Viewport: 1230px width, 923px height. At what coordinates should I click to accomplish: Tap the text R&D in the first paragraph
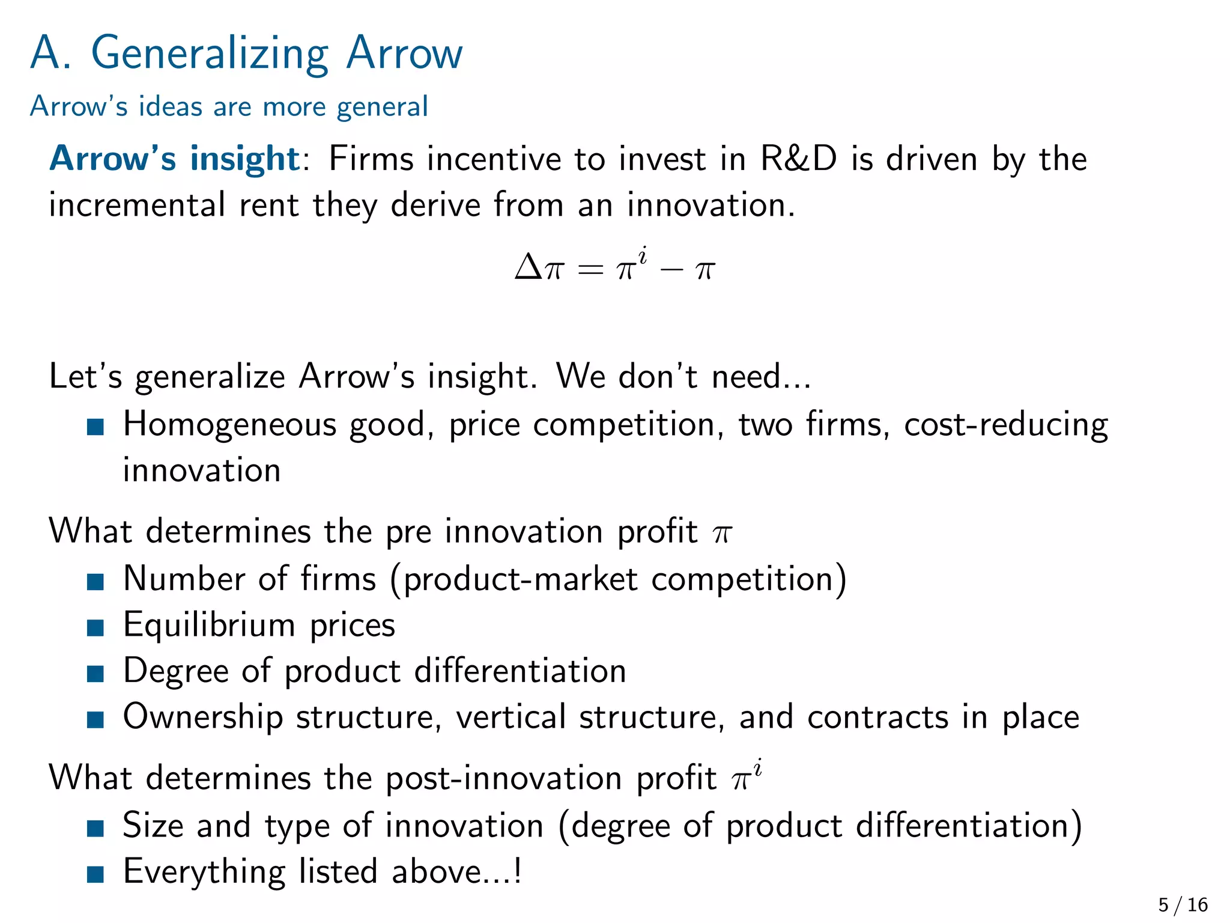798,159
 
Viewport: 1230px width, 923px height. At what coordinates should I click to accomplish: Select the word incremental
137,205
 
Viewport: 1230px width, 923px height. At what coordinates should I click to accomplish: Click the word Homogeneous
231,425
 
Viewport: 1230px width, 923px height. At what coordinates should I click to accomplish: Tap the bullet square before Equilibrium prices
95,627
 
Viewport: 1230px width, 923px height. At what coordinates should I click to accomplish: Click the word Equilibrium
209,626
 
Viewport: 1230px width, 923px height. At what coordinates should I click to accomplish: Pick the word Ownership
203,717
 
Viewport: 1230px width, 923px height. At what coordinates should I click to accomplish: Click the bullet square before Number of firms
95,581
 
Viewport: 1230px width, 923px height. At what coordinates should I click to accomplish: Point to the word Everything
204,872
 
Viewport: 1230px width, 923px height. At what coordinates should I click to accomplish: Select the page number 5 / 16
1183,904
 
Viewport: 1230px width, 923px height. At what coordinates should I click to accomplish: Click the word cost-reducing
1005,425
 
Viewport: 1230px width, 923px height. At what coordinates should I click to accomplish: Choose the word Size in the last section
153,825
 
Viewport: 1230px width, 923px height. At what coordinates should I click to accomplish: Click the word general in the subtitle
382,107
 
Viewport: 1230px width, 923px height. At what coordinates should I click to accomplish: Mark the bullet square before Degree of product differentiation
95,674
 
